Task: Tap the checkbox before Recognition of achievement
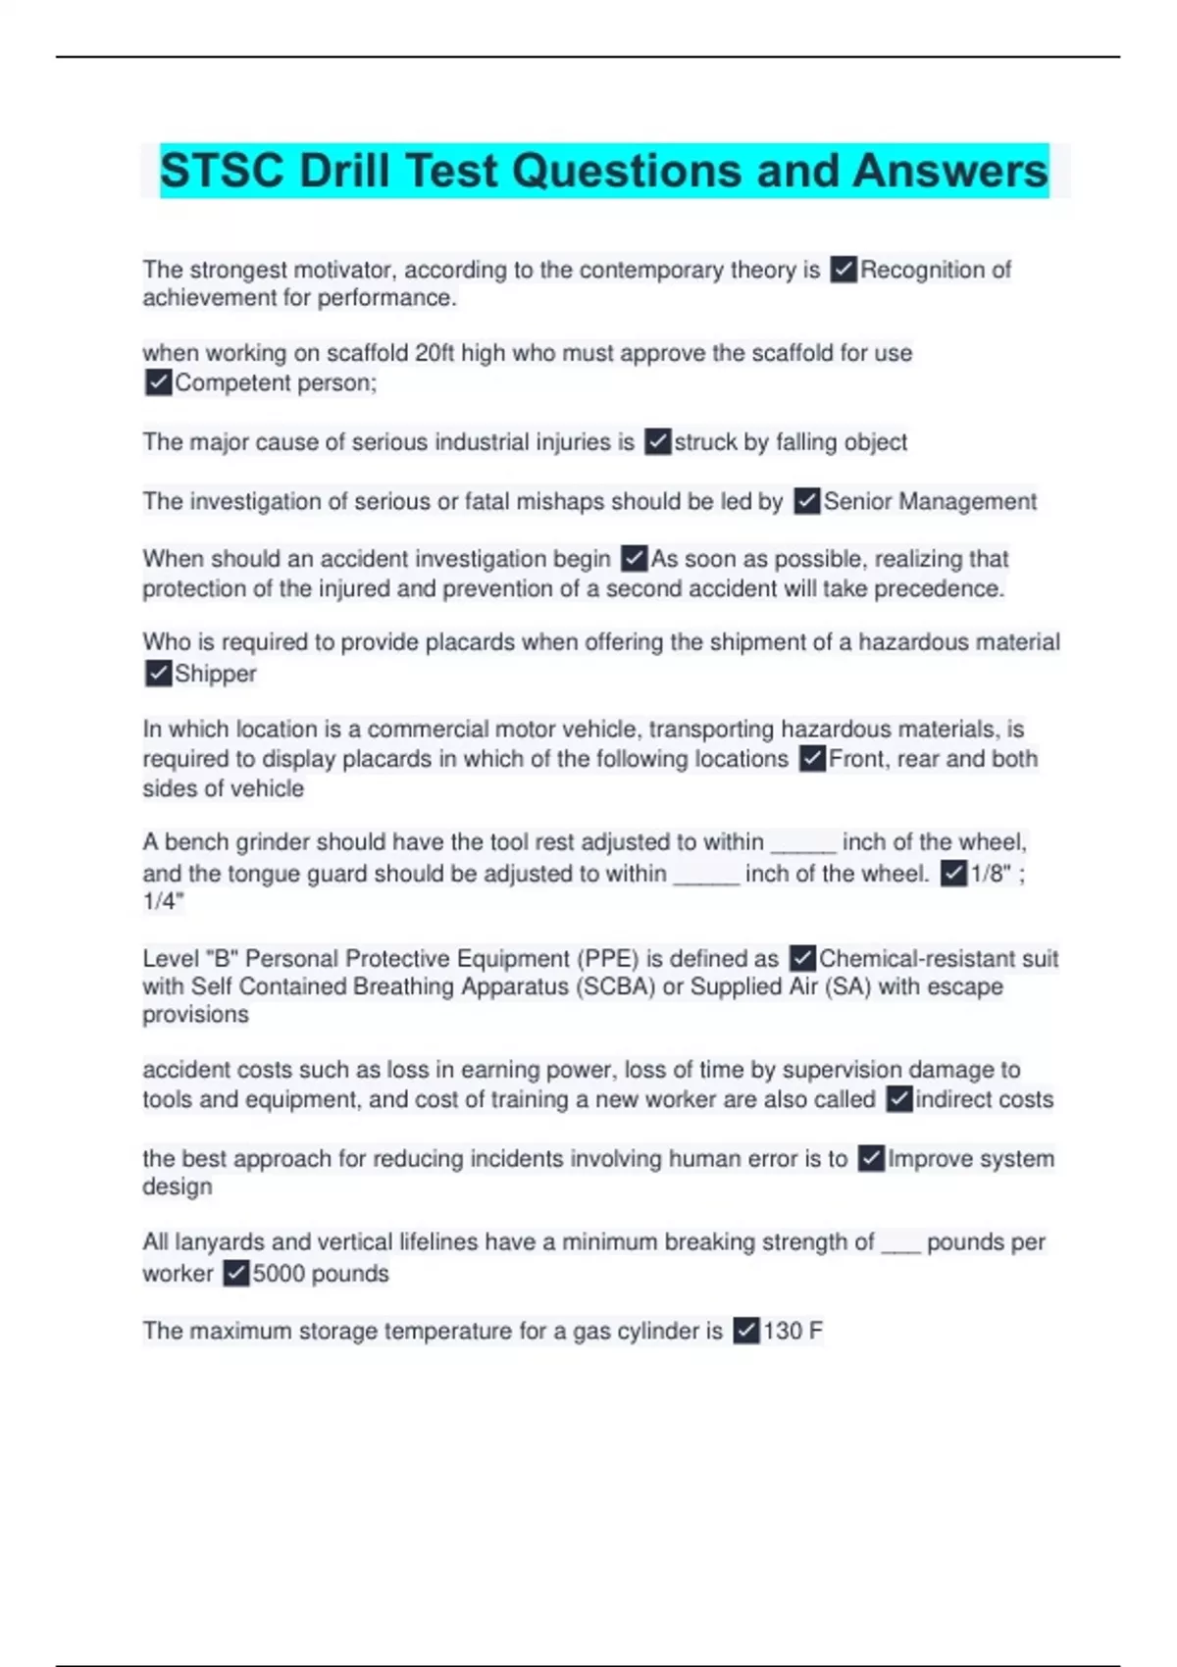(x=844, y=270)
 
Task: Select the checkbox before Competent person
(x=158, y=382)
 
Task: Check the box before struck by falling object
(x=658, y=442)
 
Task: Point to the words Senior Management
(x=930, y=502)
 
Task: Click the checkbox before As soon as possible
(x=635, y=559)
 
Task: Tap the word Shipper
(x=215, y=674)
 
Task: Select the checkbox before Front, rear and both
(x=812, y=759)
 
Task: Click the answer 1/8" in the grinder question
(x=991, y=874)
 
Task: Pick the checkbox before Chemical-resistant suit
(x=802, y=958)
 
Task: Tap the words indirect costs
(x=984, y=1099)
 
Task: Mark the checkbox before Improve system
(x=871, y=1159)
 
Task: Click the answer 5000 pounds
(x=321, y=1274)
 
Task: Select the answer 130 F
(x=793, y=1331)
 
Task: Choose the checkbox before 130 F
(x=746, y=1331)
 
